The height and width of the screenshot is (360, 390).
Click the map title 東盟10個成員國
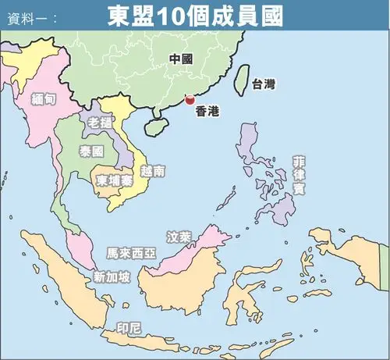(x=195, y=16)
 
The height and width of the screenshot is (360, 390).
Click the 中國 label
(x=181, y=59)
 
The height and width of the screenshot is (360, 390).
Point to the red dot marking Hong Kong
(x=189, y=100)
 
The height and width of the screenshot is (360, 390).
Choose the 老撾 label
(x=101, y=123)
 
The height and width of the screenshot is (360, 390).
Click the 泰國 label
(x=91, y=151)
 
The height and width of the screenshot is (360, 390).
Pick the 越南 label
(x=153, y=170)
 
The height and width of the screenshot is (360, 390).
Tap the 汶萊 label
(x=179, y=233)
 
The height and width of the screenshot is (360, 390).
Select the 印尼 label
(x=128, y=326)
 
